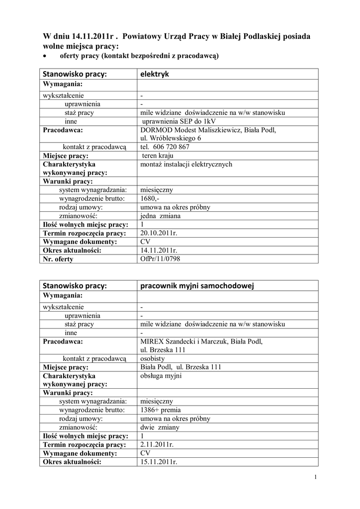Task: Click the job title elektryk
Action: [155, 75]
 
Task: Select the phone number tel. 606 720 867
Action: [165, 147]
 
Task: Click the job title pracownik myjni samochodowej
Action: [197, 286]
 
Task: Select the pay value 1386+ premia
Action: [161, 410]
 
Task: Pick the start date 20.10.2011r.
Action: [159, 233]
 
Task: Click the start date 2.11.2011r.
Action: [157, 444]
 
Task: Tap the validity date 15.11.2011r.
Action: [159, 462]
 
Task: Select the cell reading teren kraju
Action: [157, 156]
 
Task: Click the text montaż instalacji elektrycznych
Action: [186, 165]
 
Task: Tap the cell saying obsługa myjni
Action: [161, 376]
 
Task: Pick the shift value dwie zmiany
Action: [160, 427]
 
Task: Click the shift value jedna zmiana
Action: [161, 216]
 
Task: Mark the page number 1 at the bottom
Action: [316, 478]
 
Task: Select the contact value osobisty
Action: [153, 358]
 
